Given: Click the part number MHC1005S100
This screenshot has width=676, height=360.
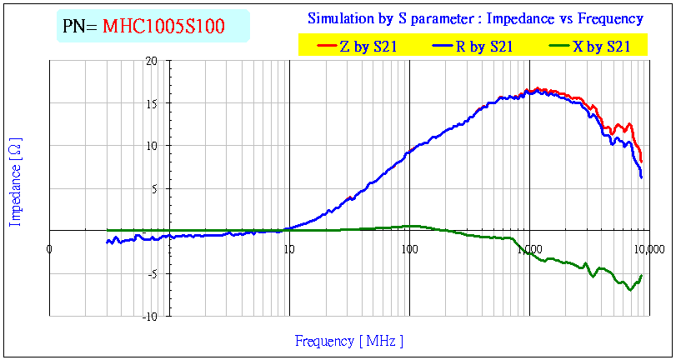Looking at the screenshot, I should (163, 27).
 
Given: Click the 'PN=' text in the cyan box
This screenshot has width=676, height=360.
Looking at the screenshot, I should (81, 27).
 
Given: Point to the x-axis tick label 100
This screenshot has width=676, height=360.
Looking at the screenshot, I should (409, 248).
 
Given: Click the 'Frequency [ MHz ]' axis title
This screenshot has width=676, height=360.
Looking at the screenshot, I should (349, 341).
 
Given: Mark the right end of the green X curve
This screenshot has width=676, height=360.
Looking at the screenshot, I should (642, 275).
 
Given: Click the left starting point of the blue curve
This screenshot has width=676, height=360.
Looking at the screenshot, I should (107, 242).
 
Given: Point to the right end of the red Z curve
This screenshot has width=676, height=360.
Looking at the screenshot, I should (642, 162).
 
